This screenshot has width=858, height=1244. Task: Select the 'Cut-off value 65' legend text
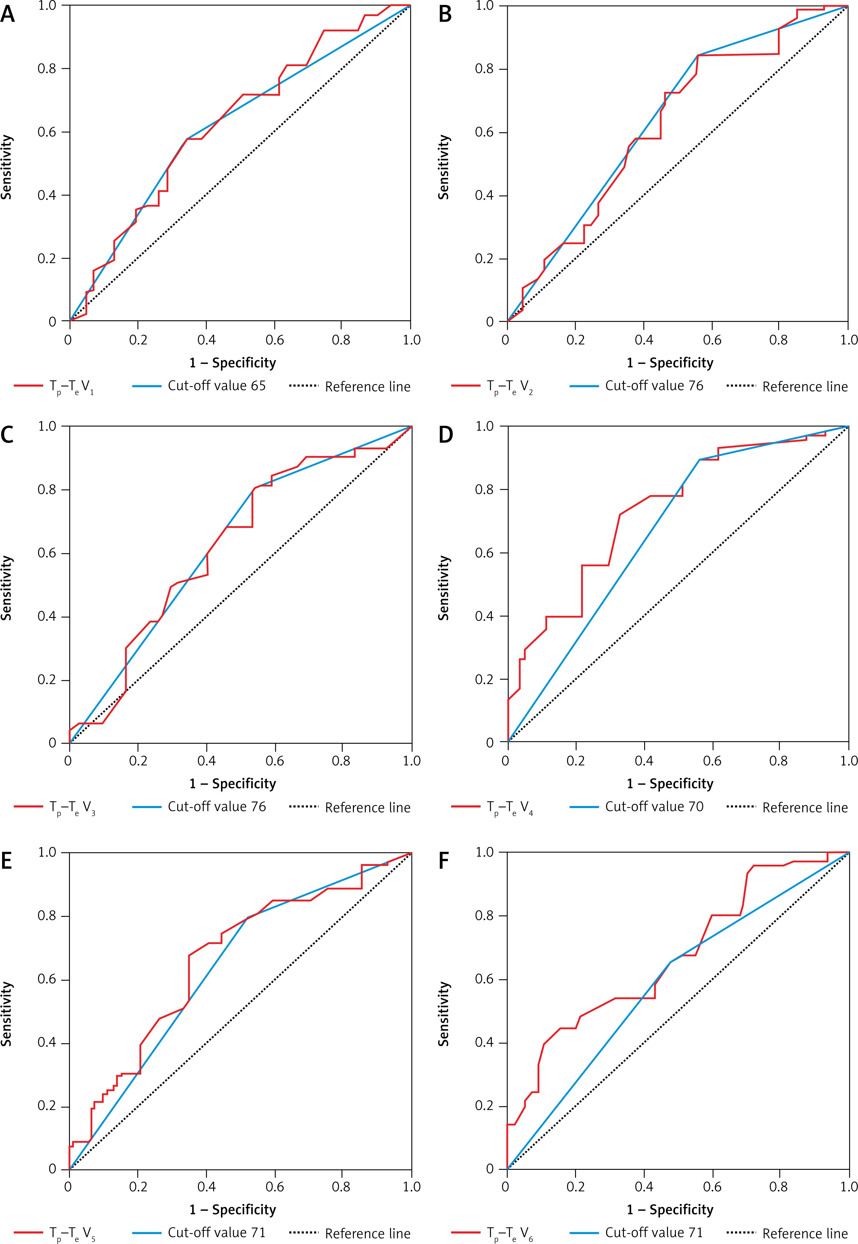pyautogui.click(x=217, y=386)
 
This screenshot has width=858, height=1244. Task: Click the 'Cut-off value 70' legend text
pyautogui.click(x=654, y=806)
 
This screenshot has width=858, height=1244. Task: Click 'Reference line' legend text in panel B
pyautogui.click(x=805, y=387)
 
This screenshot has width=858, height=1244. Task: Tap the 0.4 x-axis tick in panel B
pyautogui.click(x=644, y=340)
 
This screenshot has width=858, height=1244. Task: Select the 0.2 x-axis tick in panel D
pyautogui.click(x=576, y=760)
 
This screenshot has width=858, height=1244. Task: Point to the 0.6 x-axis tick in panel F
pyautogui.click(x=712, y=1186)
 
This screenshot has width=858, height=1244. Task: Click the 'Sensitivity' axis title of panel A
pyautogui.click(x=7, y=167)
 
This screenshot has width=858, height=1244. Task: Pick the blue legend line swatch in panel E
pyautogui.click(x=146, y=1232)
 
